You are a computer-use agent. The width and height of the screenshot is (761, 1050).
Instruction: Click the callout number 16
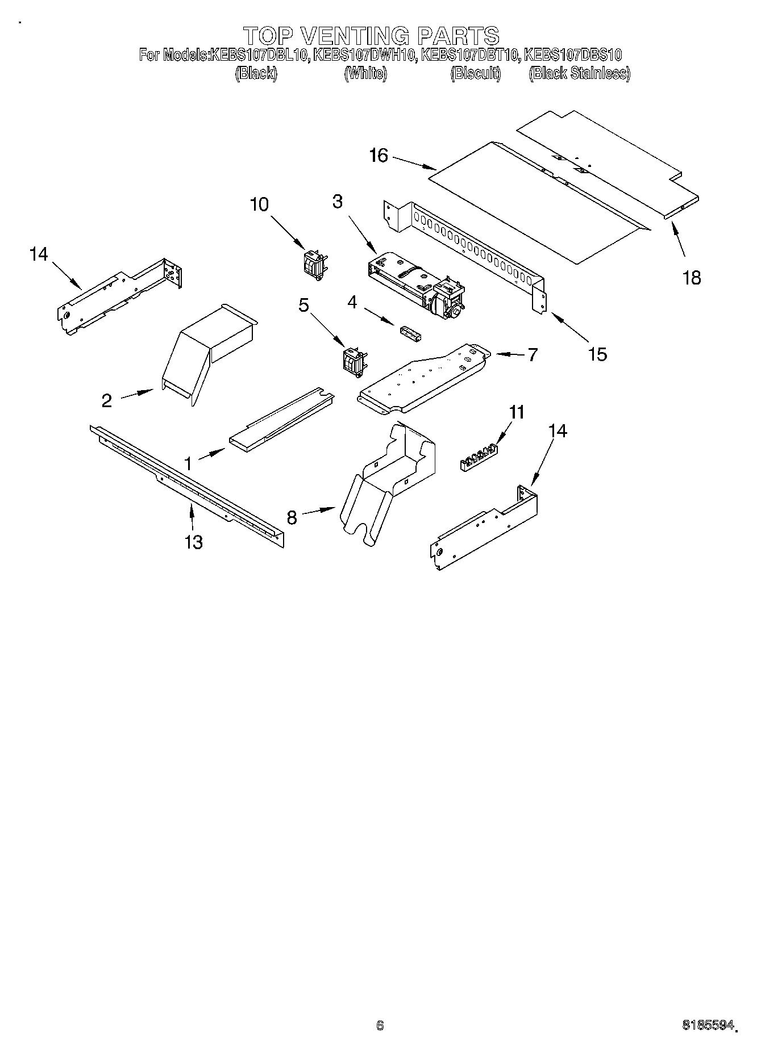pyautogui.click(x=379, y=155)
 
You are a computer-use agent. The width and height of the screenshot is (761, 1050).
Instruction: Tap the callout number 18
pyautogui.click(x=692, y=278)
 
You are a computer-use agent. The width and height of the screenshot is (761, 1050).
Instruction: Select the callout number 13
pyautogui.click(x=194, y=542)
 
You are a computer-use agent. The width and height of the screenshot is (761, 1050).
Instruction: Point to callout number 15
pyautogui.click(x=597, y=354)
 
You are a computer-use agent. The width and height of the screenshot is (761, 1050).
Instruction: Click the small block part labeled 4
pyautogui.click(x=410, y=334)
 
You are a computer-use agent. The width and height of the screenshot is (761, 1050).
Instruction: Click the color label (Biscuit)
pyautogui.click(x=476, y=73)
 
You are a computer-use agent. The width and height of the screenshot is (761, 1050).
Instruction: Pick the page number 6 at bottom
pyautogui.click(x=380, y=1026)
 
